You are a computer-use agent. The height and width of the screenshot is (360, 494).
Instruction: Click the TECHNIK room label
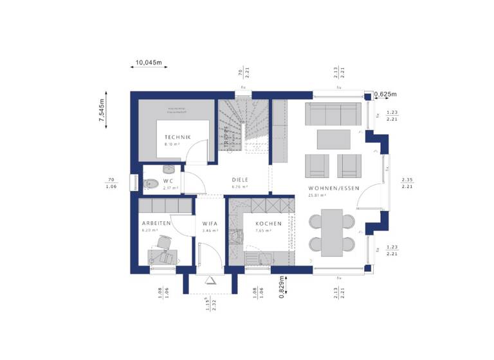(x=176, y=137)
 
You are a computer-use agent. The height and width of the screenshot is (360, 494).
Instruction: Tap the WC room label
(x=168, y=181)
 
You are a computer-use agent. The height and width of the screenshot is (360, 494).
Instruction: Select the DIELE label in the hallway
(x=240, y=180)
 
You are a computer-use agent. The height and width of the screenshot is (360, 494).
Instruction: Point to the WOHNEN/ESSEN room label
(x=333, y=188)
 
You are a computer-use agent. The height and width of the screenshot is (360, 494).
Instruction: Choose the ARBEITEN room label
(x=156, y=222)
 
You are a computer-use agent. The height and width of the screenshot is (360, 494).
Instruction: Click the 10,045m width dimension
(x=148, y=63)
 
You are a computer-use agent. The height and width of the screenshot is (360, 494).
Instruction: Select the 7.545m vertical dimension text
(x=101, y=114)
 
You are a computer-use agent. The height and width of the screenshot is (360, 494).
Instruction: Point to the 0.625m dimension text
(x=387, y=94)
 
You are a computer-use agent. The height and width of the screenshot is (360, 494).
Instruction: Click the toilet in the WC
(x=151, y=183)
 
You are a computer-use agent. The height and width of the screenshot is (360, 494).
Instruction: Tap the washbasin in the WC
(x=169, y=169)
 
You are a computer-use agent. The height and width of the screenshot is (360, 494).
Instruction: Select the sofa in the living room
(x=332, y=114)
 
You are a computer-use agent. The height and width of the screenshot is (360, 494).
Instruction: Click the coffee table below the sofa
(x=333, y=139)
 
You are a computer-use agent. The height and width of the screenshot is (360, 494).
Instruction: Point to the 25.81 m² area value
(x=317, y=195)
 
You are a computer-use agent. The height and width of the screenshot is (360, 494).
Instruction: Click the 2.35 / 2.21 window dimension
(x=407, y=183)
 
